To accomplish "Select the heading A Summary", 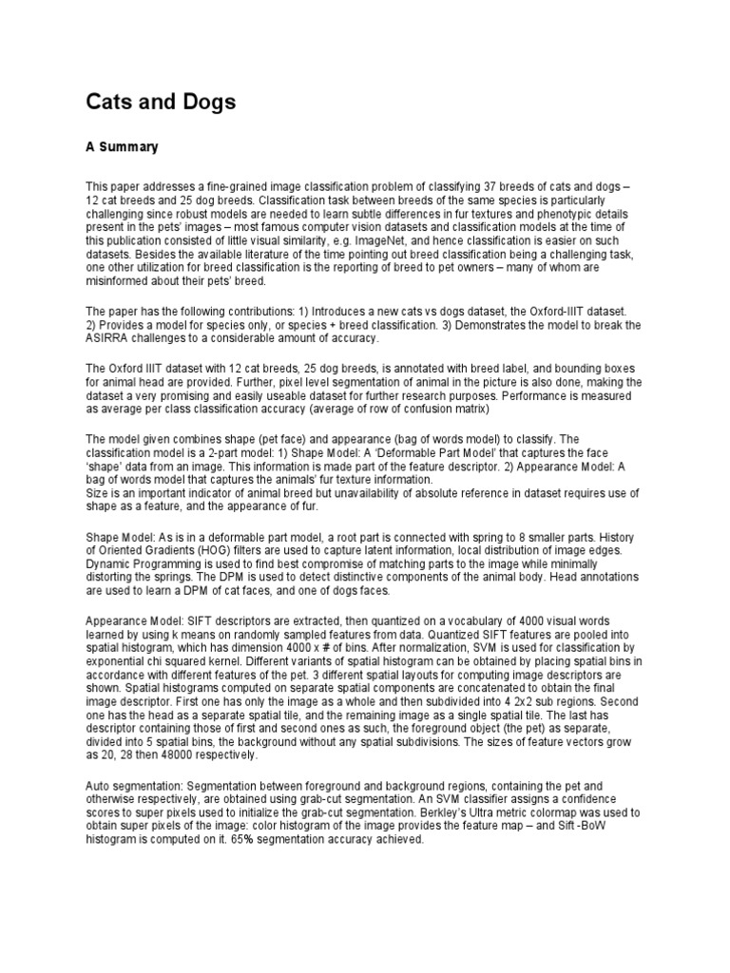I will [122, 147].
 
